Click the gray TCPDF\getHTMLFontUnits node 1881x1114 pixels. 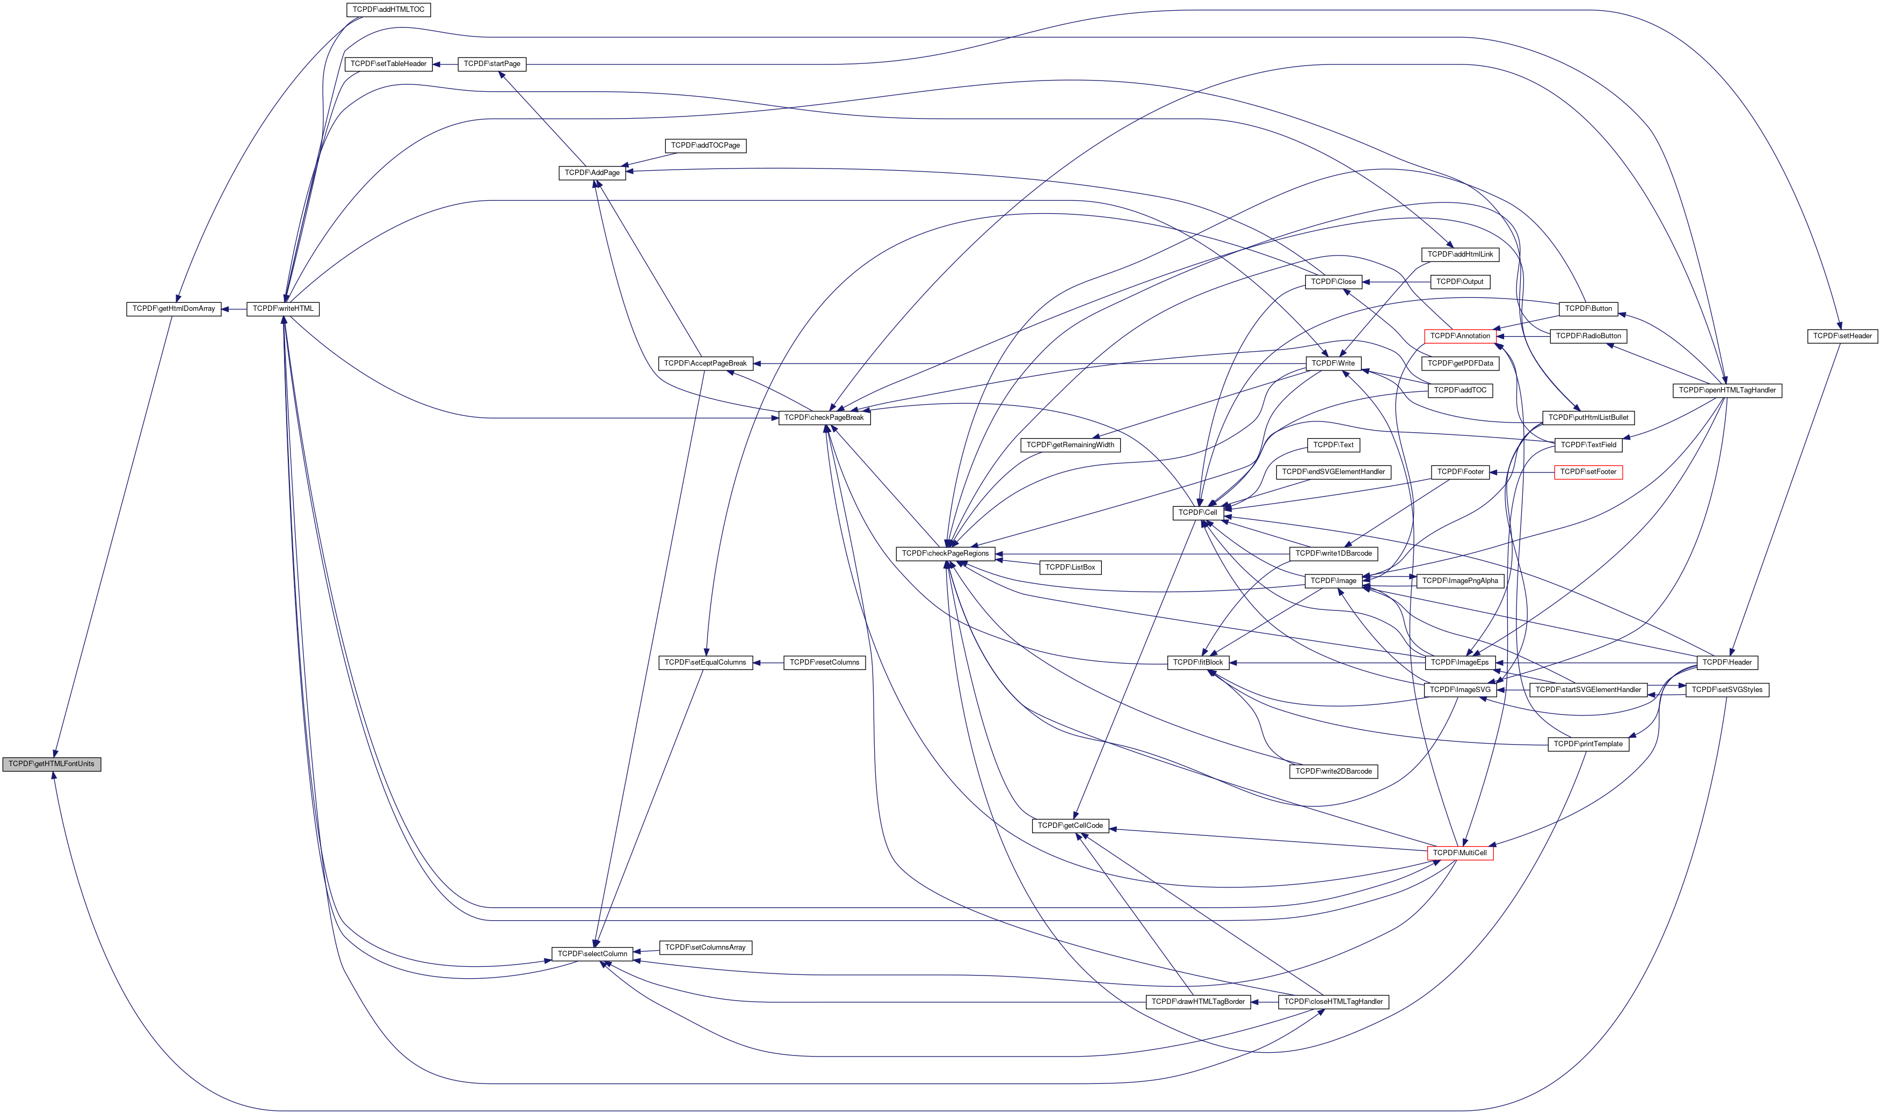[51, 764]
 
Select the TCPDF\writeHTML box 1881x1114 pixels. [283, 309]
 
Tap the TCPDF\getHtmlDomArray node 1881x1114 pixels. [173, 309]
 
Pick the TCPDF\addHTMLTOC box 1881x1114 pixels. [388, 10]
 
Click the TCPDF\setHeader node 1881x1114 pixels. [1842, 336]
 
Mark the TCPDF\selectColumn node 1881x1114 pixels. [592, 954]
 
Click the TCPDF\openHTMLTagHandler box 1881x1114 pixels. [1726, 390]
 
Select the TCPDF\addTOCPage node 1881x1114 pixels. [705, 145]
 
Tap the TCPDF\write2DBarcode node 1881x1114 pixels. [1333, 771]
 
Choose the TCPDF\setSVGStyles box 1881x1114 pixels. [1726, 690]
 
